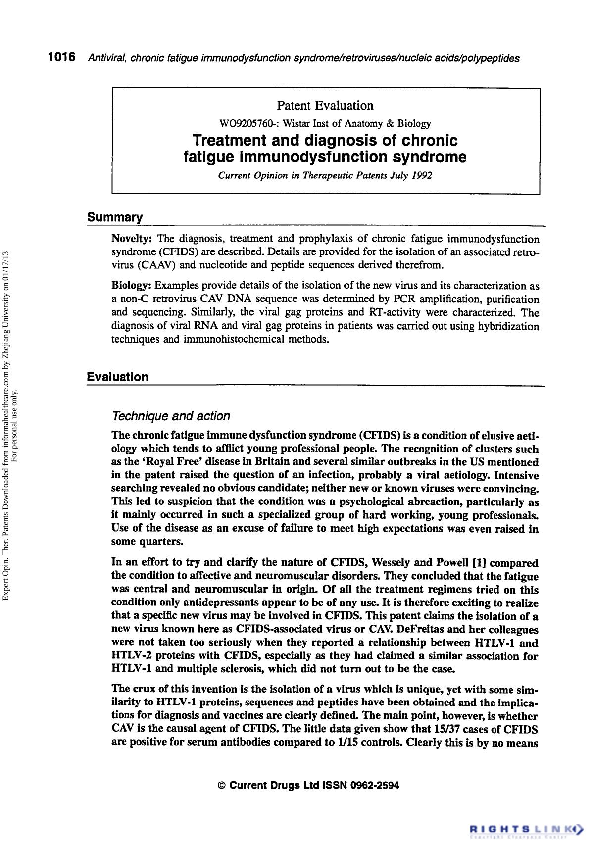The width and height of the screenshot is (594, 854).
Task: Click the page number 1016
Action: [x=61, y=58]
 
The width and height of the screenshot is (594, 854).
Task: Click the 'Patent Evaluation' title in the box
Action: [x=325, y=106]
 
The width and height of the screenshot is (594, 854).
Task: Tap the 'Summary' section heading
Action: [x=115, y=217]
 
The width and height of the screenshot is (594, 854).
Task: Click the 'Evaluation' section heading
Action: [x=118, y=377]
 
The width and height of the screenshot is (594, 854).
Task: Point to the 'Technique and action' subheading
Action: [x=171, y=416]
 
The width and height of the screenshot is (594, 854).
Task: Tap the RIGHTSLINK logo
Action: [x=526, y=827]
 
